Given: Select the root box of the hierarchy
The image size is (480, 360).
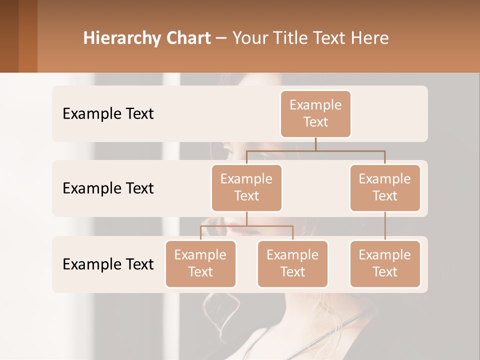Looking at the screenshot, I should (315, 113).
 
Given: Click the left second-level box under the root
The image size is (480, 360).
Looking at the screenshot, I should (246, 187).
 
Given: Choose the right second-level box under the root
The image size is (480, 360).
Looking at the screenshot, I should (385, 187).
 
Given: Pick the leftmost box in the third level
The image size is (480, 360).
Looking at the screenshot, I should (200, 263).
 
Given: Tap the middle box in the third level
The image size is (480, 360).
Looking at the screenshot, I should (292, 263).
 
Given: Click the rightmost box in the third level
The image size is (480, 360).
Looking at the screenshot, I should (385, 263).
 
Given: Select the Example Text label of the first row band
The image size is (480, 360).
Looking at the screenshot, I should (108, 114).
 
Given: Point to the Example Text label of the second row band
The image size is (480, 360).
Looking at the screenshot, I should (108, 188).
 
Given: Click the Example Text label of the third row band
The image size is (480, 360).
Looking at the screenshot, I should (108, 264).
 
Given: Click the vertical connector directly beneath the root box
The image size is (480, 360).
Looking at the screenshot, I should (315, 144).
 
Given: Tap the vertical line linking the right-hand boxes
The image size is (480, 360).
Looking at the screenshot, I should (385, 225).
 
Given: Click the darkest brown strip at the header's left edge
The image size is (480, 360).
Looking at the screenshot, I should (9, 36).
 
